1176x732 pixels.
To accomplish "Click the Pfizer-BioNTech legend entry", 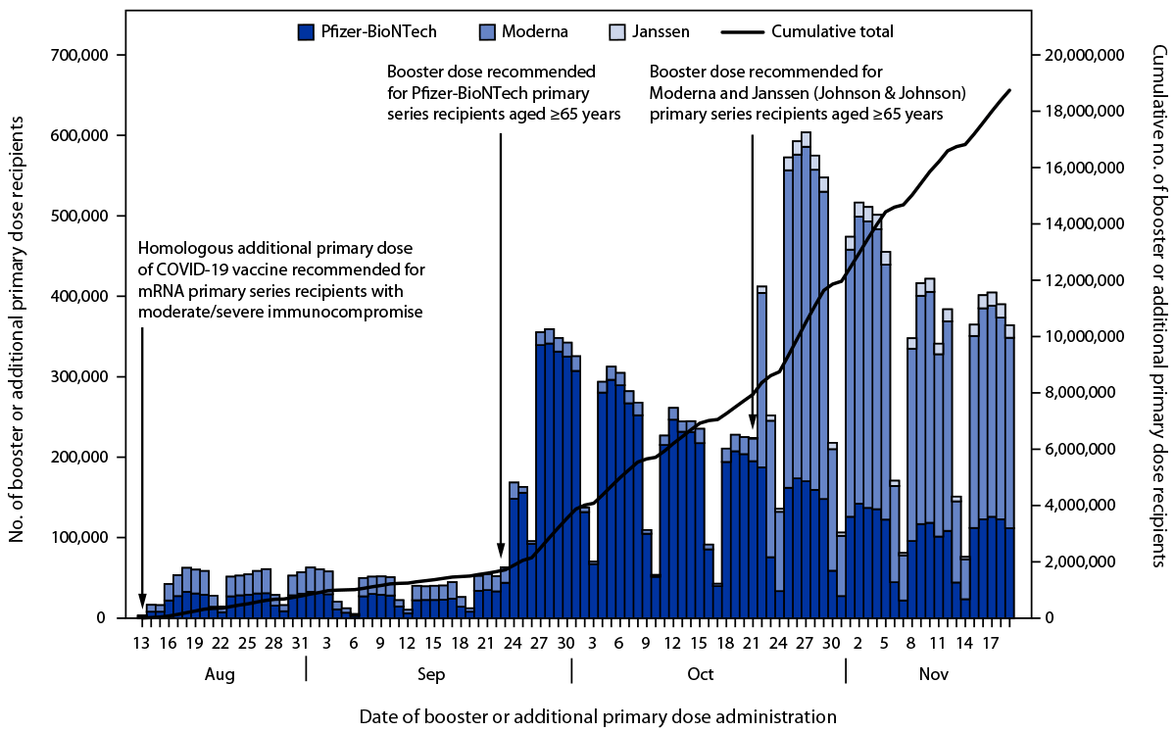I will pyautogui.click(x=367, y=31).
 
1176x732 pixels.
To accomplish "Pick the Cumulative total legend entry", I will pyautogui.click(x=808, y=31).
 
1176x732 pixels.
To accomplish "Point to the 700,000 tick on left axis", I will pyautogui.click(x=83, y=56).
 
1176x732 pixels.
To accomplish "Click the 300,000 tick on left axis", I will pyautogui.click(x=83, y=377).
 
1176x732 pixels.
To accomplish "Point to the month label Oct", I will pyautogui.click(x=700, y=675).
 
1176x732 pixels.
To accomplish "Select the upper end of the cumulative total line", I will pyautogui.click(x=1009, y=90).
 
